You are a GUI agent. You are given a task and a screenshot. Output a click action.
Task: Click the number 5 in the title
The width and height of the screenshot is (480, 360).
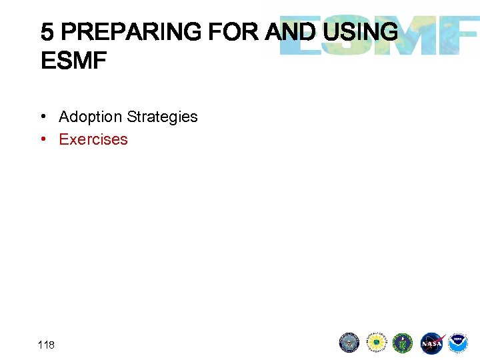pos(47,31)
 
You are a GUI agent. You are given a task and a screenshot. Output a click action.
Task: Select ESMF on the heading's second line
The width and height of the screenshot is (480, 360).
pos(73,61)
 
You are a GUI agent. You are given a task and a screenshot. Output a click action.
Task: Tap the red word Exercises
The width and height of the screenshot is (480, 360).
pos(93,139)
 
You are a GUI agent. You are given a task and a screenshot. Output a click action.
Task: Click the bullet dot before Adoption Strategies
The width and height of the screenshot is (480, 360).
pos(43,117)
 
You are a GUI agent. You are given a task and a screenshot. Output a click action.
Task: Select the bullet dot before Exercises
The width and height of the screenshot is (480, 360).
pos(43,139)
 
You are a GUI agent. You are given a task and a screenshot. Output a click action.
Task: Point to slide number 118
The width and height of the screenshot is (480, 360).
pos(47,345)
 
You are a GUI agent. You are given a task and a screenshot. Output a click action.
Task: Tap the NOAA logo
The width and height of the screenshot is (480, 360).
pos(458,343)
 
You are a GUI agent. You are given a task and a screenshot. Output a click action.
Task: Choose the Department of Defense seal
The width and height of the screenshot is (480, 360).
pos(349,343)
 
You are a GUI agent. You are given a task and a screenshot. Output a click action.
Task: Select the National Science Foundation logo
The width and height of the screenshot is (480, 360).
pos(377,343)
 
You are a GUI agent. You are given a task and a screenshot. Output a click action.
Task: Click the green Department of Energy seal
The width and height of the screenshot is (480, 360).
pos(403,343)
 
